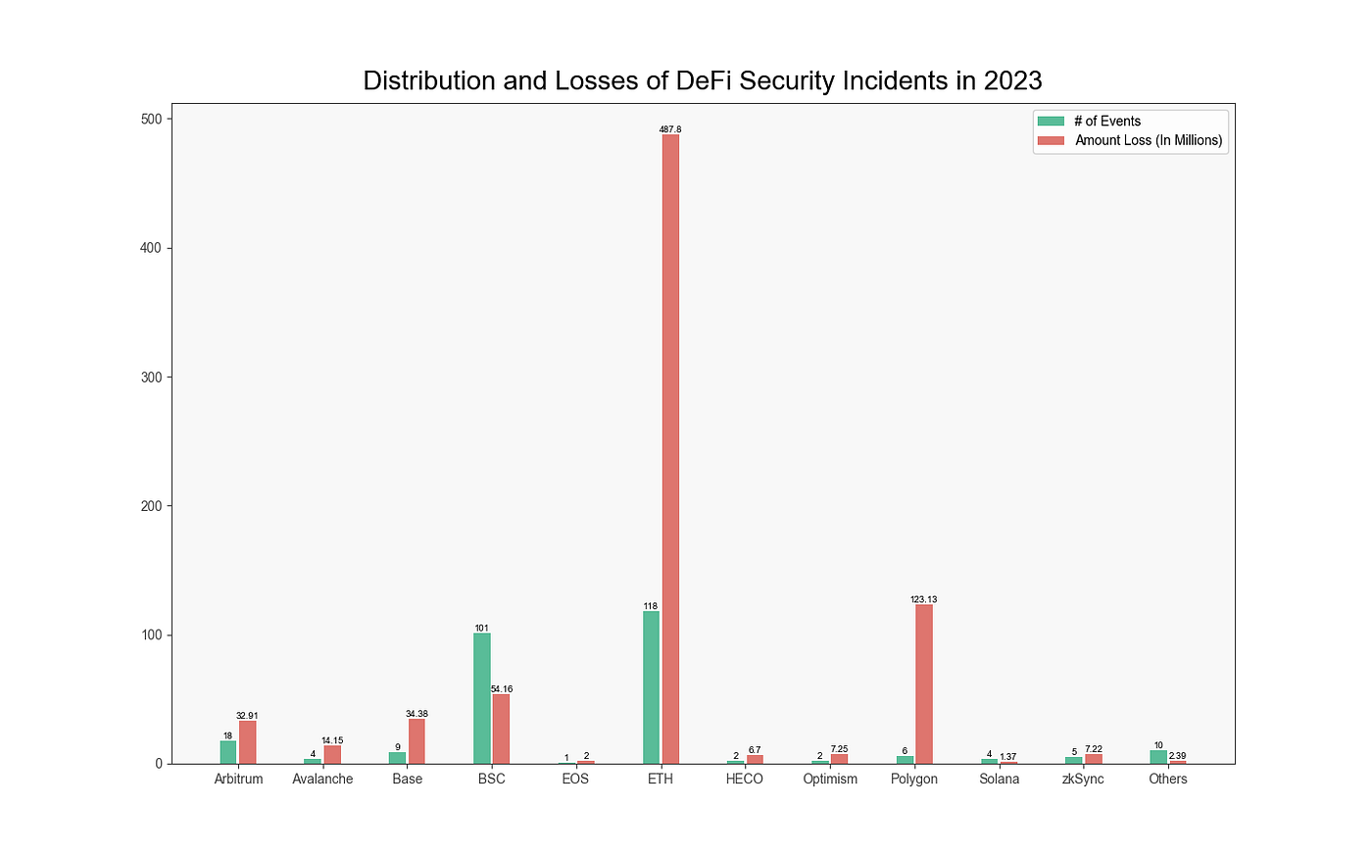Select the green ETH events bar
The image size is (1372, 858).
[651, 687]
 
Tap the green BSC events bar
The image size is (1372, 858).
[482, 698]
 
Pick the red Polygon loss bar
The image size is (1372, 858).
[924, 683]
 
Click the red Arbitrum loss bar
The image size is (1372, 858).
[247, 742]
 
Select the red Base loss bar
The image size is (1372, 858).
[416, 741]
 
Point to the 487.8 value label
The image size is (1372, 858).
[670, 129]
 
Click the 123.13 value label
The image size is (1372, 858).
[924, 599]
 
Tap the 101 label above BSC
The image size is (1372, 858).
[481, 629]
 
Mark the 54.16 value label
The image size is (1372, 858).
[502, 689]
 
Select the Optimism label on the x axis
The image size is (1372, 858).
[830, 780]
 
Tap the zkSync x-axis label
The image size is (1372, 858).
[1083, 780]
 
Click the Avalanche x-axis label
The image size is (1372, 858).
[322, 780]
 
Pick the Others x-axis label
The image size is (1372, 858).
[1168, 780]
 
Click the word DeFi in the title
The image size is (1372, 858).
[705, 80]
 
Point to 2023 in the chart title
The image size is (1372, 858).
[1013, 80]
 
